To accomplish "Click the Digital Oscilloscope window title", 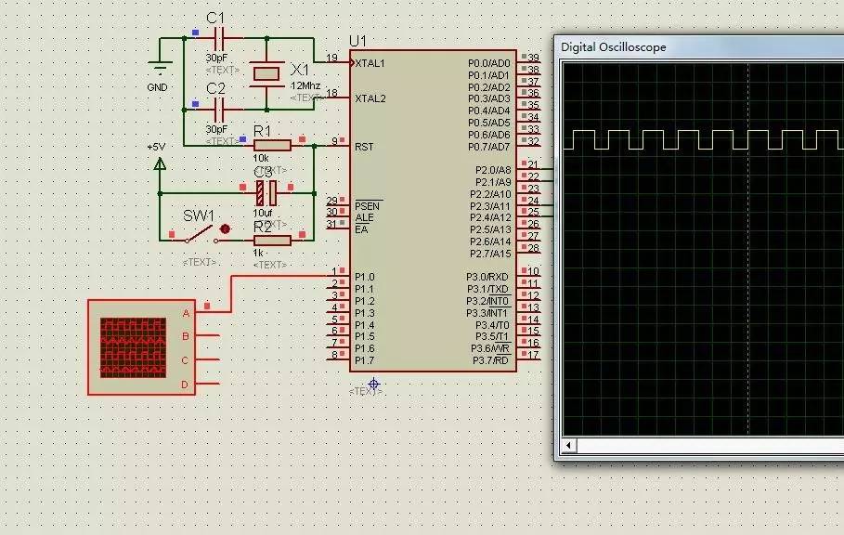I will (x=614, y=47).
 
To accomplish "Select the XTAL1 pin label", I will (x=370, y=63).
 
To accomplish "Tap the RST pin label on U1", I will (x=364, y=146).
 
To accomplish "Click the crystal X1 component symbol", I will (x=266, y=73).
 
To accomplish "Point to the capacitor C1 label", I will (x=215, y=19).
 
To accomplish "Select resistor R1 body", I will (x=272, y=145).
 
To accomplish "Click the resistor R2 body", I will (x=272, y=241).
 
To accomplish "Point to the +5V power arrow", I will (x=160, y=164).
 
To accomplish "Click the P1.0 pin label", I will (x=365, y=277).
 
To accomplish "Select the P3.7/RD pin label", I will (x=491, y=360).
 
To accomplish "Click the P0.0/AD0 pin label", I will (x=489, y=63).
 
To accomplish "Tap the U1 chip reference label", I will (x=357, y=41).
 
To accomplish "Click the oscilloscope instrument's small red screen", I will (x=133, y=347).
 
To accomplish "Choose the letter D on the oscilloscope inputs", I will (x=185, y=384).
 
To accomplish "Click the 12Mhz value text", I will (x=305, y=85).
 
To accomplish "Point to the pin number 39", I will (x=533, y=58).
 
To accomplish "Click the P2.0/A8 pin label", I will (x=493, y=170).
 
